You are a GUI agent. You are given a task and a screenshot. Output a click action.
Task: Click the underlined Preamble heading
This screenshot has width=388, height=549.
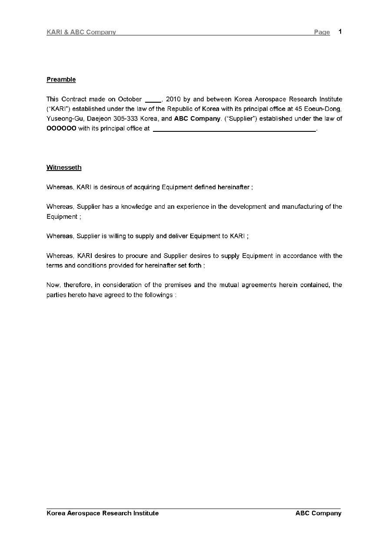[61, 80]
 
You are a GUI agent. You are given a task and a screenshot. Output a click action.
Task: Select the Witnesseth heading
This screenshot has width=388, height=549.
[64, 167]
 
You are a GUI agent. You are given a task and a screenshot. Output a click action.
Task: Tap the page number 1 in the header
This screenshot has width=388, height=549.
[340, 32]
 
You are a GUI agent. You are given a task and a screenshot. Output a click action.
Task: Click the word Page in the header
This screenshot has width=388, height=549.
[322, 32]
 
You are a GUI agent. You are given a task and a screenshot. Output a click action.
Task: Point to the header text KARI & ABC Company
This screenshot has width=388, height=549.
[81, 32]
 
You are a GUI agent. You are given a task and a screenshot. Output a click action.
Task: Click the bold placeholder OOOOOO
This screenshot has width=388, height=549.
[61, 129]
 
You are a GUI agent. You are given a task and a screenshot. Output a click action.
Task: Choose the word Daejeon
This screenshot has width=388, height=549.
[98, 119]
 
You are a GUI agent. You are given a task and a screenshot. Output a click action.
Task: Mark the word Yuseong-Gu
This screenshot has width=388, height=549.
[62, 119]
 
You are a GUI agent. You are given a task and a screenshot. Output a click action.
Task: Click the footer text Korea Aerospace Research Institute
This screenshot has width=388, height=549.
[103, 513]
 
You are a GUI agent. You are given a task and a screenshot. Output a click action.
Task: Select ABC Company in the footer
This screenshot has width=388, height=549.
[318, 513]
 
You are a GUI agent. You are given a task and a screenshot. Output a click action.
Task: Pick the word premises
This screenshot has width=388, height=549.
[177, 285]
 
